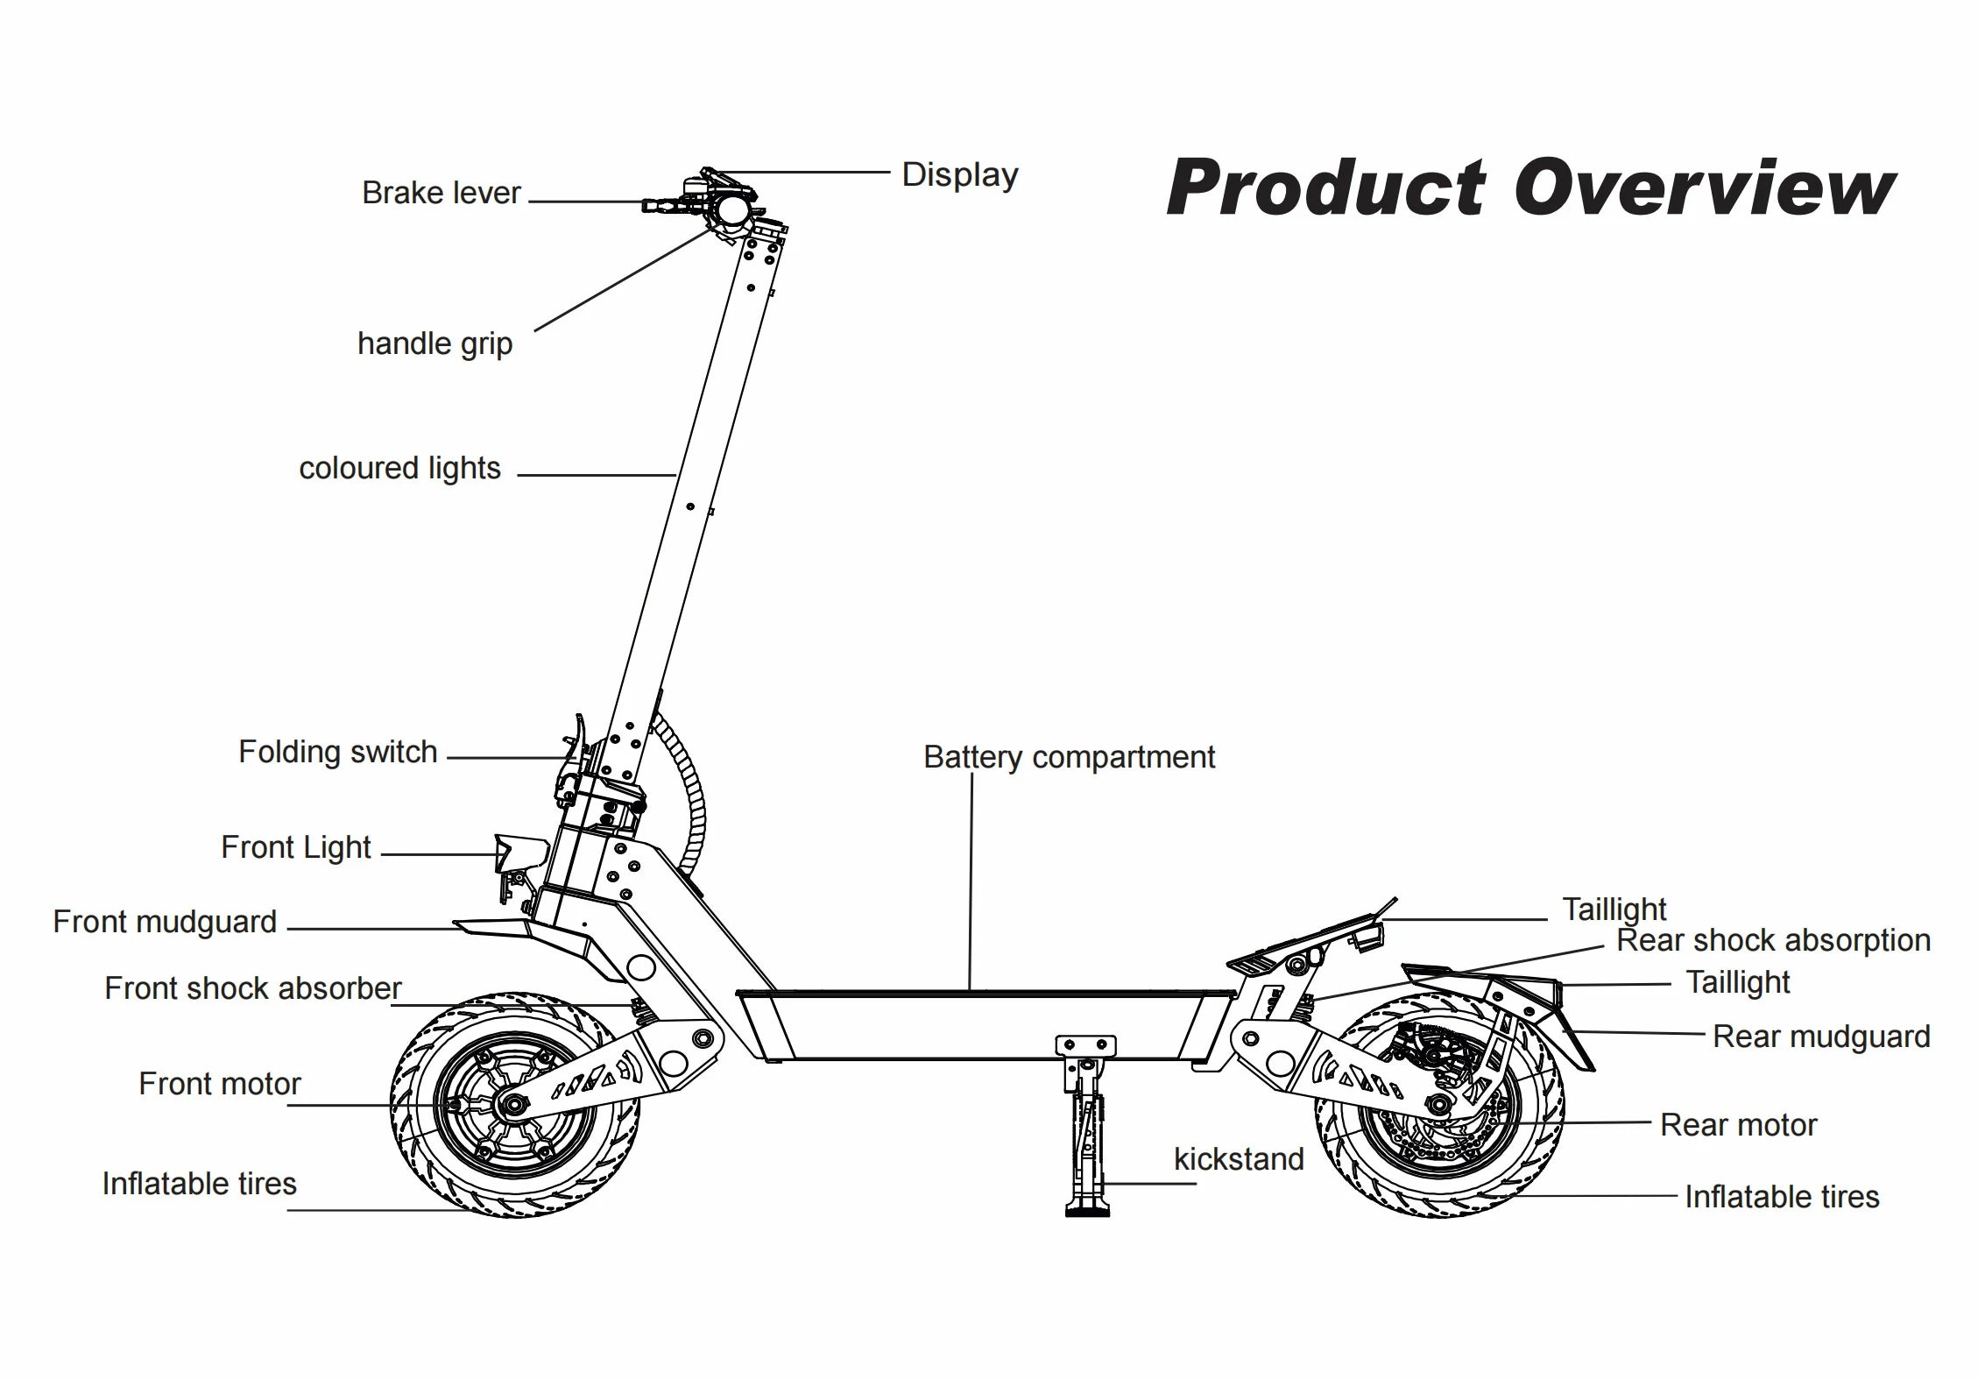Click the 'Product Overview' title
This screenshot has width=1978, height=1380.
(x=1530, y=188)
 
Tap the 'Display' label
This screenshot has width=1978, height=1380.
(x=959, y=174)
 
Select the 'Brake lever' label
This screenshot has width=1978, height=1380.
(x=441, y=193)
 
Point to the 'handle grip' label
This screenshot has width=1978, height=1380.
(x=434, y=343)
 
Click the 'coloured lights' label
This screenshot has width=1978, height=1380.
(x=399, y=468)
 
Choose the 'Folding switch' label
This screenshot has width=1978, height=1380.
(x=337, y=752)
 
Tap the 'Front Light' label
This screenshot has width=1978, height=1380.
(x=295, y=847)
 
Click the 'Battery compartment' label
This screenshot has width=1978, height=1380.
(x=1069, y=757)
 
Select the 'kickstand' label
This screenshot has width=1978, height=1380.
(x=1238, y=1159)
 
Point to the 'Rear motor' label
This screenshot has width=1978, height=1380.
(x=1738, y=1125)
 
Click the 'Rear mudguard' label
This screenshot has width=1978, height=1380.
(x=1820, y=1037)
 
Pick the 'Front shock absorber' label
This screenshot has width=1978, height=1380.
(x=252, y=988)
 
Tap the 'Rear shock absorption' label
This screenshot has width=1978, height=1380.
(x=1773, y=940)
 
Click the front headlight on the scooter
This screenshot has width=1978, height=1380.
(x=519, y=853)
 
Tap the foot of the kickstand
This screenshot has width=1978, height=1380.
(x=1087, y=1209)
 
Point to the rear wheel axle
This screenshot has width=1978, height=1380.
(x=1438, y=1103)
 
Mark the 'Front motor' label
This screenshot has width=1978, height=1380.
(x=219, y=1085)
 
